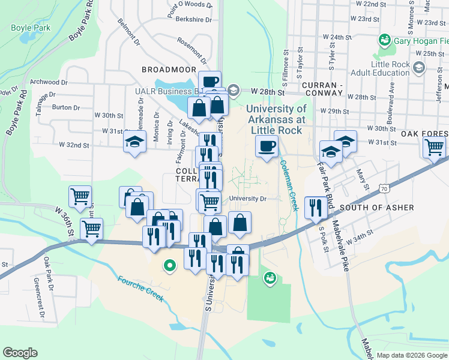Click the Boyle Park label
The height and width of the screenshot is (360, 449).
(x=31, y=28)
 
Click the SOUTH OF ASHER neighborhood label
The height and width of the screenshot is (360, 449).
(x=376, y=208)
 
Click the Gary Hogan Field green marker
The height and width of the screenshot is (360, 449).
(x=384, y=41)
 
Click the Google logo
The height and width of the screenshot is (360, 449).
(x=20, y=353)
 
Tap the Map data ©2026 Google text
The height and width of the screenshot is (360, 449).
(x=411, y=355)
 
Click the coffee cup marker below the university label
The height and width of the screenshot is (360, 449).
(x=267, y=145)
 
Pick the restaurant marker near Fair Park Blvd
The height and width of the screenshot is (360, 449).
(x=316, y=208)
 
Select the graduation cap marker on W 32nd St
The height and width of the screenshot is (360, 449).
(x=134, y=142)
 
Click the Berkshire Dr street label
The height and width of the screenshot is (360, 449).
(x=194, y=19)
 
